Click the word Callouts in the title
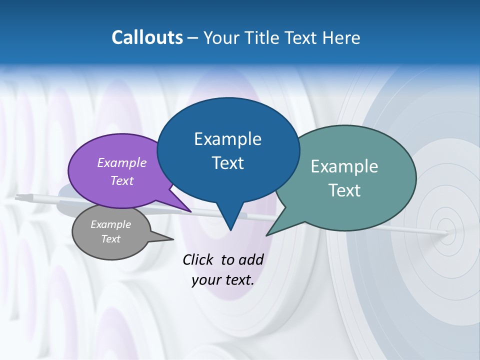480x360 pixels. coord(147,37)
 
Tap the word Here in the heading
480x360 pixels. coord(342,37)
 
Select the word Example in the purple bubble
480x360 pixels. coord(122,162)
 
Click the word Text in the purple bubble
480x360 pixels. coord(122,180)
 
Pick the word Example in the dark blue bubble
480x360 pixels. coord(227,139)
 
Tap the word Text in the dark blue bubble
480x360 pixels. coord(227,163)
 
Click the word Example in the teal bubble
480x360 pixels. coord(344,166)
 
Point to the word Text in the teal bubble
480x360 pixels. coord(344,190)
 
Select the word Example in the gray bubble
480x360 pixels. coord(110,224)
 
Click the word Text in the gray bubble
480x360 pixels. coord(110,239)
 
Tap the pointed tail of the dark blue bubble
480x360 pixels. coord(230,227)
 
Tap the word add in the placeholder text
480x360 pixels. coord(251,259)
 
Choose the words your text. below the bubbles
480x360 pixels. coord(223,280)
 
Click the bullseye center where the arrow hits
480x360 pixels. coord(447,232)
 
